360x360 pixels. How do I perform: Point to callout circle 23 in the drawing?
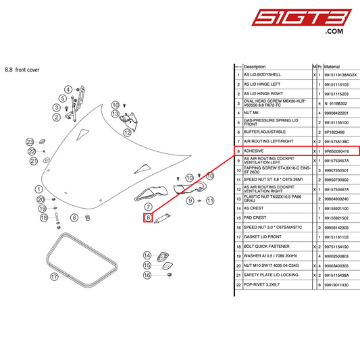(x=30, y=141)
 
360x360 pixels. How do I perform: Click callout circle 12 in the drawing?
(x=126, y=133)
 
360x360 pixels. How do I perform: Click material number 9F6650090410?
(x=340, y=152)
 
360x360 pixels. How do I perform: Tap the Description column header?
(x=255, y=68)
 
